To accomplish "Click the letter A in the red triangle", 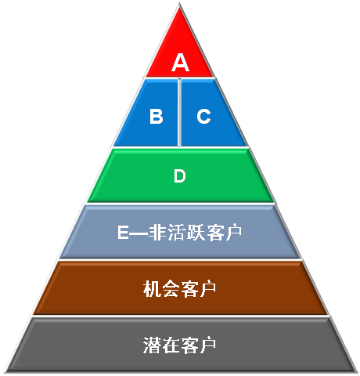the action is coord(180,62).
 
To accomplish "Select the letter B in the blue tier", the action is coord(157,116).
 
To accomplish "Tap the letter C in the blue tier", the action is coord(203,116).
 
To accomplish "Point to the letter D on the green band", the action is coord(180,175).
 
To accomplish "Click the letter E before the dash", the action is coord(123,232).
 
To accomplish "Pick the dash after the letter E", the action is coord(139,233).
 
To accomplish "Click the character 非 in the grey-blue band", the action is coord(157,232).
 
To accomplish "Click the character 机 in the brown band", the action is coord(152,289).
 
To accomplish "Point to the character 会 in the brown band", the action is coord(171,289).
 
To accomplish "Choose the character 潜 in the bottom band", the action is coord(152,345).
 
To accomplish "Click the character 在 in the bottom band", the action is coord(171,345).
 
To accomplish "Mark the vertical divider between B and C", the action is coord(179,112).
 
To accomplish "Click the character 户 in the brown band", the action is coord(207,289).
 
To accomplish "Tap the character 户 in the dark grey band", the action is coord(207,345).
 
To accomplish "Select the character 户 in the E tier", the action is coord(233,232).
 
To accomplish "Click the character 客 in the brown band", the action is coord(189,289).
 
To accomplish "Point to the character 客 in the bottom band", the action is coord(189,345).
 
